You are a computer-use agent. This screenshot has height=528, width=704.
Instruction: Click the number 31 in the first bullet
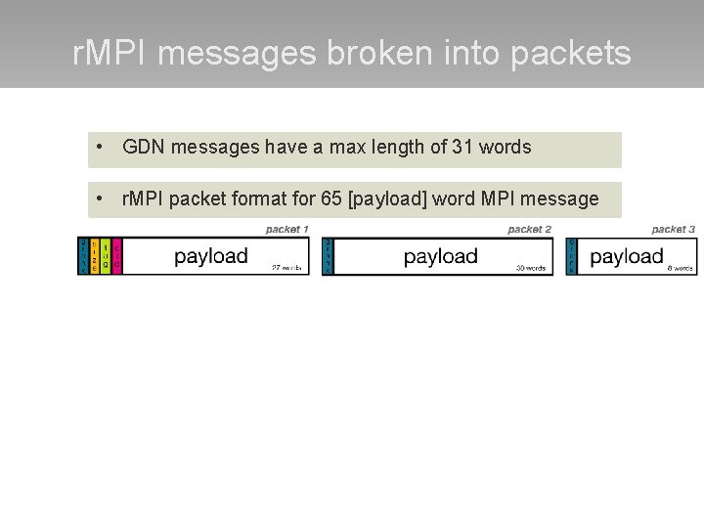point(462,148)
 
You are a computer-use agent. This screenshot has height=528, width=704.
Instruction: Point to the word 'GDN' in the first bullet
point(143,148)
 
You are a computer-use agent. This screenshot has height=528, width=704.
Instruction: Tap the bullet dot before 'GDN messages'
point(101,148)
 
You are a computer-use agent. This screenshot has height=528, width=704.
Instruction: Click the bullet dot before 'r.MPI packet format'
point(101,199)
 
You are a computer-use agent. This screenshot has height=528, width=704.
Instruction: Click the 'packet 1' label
point(286,229)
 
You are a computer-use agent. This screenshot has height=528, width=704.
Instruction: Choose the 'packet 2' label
point(529,229)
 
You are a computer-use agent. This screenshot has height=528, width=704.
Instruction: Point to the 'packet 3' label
point(673,229)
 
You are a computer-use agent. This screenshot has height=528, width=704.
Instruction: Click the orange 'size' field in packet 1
point(94,257)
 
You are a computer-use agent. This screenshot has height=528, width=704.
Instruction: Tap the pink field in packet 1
point(117,257)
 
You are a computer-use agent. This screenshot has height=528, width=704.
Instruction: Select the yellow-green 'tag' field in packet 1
point(106,257)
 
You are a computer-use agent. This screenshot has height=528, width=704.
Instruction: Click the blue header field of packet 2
point(328,257)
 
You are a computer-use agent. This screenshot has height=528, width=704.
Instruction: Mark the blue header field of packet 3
point(571,257)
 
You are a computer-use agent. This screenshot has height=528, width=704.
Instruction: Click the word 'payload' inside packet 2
point(440,256)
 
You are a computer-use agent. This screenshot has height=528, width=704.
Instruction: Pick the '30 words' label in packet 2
point(532,267)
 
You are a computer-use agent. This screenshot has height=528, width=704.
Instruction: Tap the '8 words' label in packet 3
point(680,267)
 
